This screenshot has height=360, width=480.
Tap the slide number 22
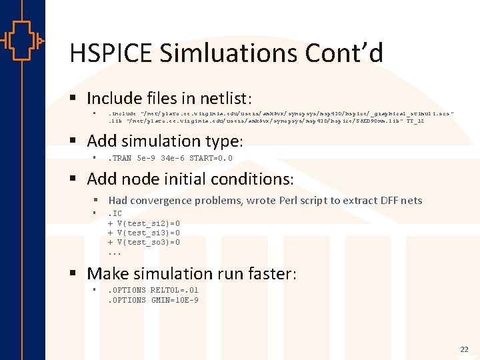464,349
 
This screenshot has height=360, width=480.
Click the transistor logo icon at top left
23,41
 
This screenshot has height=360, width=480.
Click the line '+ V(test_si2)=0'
144,223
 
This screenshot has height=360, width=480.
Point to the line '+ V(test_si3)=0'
144,233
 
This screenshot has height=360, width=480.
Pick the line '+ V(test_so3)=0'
144,242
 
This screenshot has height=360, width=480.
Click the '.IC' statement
115,213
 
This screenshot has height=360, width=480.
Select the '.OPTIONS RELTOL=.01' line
153,291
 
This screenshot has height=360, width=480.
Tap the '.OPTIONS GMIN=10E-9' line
153,300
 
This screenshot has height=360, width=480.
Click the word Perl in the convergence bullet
290,200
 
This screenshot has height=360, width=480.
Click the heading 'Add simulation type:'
165,141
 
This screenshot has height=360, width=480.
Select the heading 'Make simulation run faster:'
192,273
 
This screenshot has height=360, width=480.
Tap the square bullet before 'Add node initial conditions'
76,179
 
